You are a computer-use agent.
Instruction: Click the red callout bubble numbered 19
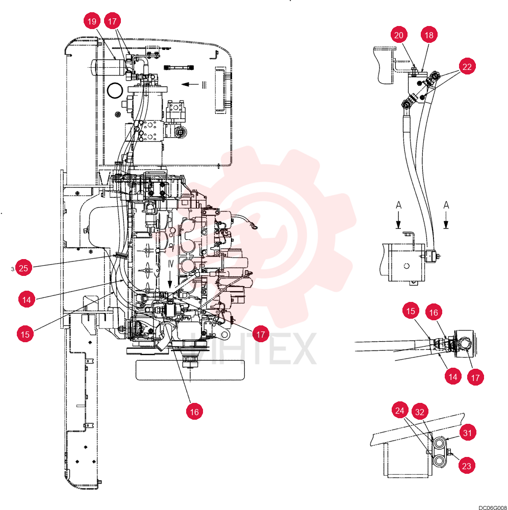[x=92, y=21]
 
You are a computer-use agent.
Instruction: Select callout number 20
[x=399, y=35]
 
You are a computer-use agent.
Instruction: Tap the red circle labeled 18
[x=429, y=35]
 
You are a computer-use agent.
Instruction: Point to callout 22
[x=467, y=67]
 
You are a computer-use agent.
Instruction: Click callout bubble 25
[x=23, y=268]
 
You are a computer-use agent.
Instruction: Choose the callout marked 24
[x=400, y=411]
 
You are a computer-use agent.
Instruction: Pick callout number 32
[x=420, y=412]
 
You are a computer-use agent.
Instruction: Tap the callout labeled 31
[x=467, y=433]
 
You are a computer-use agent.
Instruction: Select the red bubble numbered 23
[x=466, y=466]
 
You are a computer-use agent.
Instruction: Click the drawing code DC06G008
[x=492, y=507]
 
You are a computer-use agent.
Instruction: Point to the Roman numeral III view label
[x=204, y=85]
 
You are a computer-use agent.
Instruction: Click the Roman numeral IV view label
[x=171, y=264]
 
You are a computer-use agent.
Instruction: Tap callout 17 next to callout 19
[x=112, y=21]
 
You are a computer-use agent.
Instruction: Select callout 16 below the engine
[x=194, y=412]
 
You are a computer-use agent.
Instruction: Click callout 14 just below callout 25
[x=27, y=299]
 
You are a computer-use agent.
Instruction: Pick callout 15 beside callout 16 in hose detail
[x=411, y=311]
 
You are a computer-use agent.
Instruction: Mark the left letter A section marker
[x=398, y=205]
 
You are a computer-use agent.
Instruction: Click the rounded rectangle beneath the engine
[x=190, y=370]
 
